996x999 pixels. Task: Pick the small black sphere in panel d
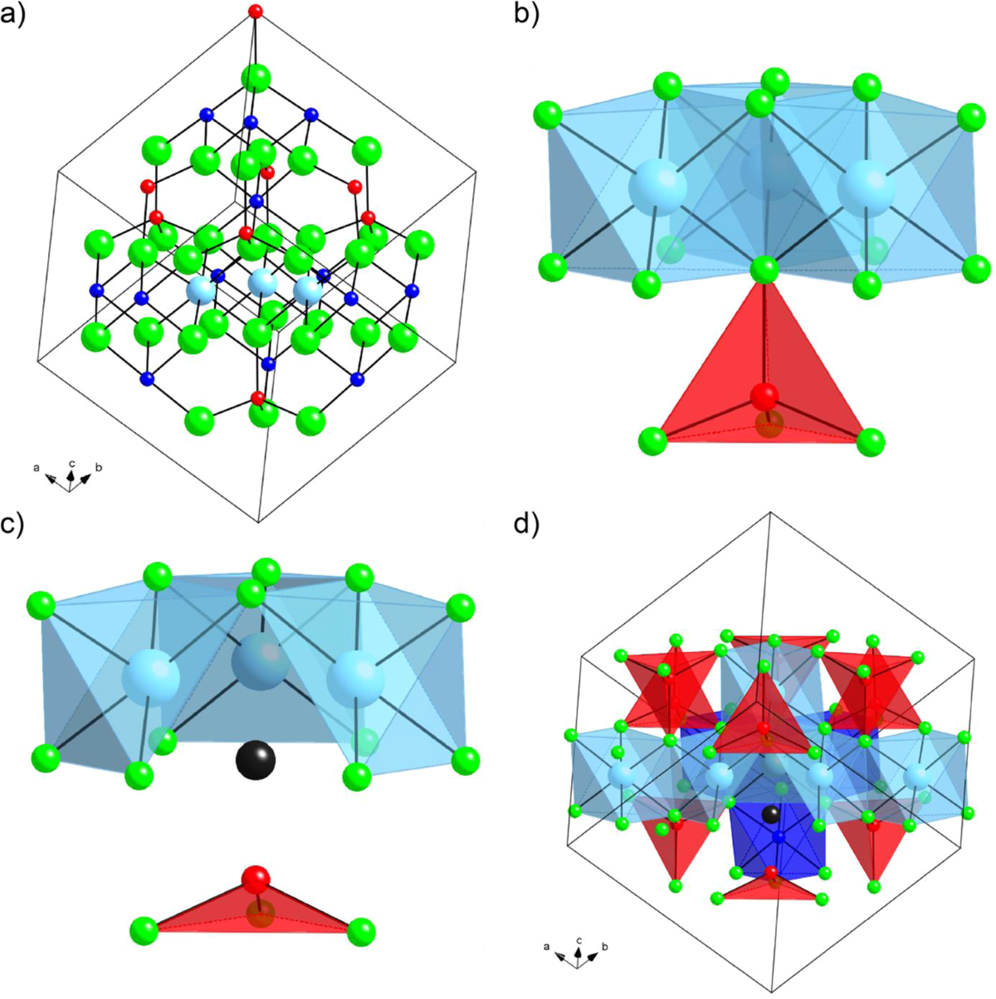click(x=771, y=814)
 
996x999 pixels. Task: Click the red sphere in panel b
click(x=766, y=397)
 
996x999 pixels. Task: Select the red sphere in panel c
click(x=257, y=879)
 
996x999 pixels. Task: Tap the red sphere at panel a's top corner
click(x=256, y=12)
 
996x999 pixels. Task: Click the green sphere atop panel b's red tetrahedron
click(x=764, y=270)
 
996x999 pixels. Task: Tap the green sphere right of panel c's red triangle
click(x=361, y=931)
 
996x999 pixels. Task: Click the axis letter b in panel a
click(x=99, y=469)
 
